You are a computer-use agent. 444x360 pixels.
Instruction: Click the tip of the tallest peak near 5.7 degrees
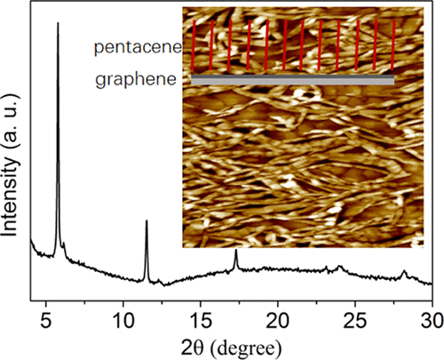point(58,24)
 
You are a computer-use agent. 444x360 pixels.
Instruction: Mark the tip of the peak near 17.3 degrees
point(235,252)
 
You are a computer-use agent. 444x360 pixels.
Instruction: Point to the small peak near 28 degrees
point(404,272)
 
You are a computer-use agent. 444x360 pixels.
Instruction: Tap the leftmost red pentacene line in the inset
point(195,49)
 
